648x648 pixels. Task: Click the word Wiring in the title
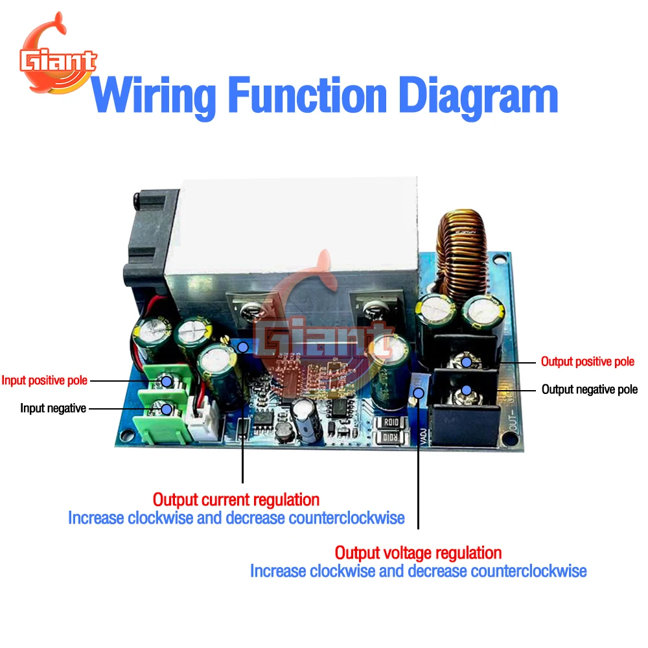[154, 98]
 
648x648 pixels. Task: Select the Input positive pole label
[45, 380]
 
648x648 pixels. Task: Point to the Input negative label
[53, 408]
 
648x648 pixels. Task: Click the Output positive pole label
[588, 362]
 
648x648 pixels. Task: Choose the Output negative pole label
[590, 389]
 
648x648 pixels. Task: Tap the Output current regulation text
[237, 500]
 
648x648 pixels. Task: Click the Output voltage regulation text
[418, 553]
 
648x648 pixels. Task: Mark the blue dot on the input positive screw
[167, 381]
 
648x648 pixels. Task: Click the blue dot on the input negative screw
[167, 409]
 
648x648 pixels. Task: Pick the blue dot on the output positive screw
[467, 362]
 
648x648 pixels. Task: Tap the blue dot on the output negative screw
[467, 389]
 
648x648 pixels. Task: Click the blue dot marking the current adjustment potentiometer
[243, 347]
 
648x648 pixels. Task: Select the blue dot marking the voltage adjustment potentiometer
[419, 393]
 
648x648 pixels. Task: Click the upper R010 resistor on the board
[391, 422]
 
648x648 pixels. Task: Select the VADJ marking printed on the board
[423, 437]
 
